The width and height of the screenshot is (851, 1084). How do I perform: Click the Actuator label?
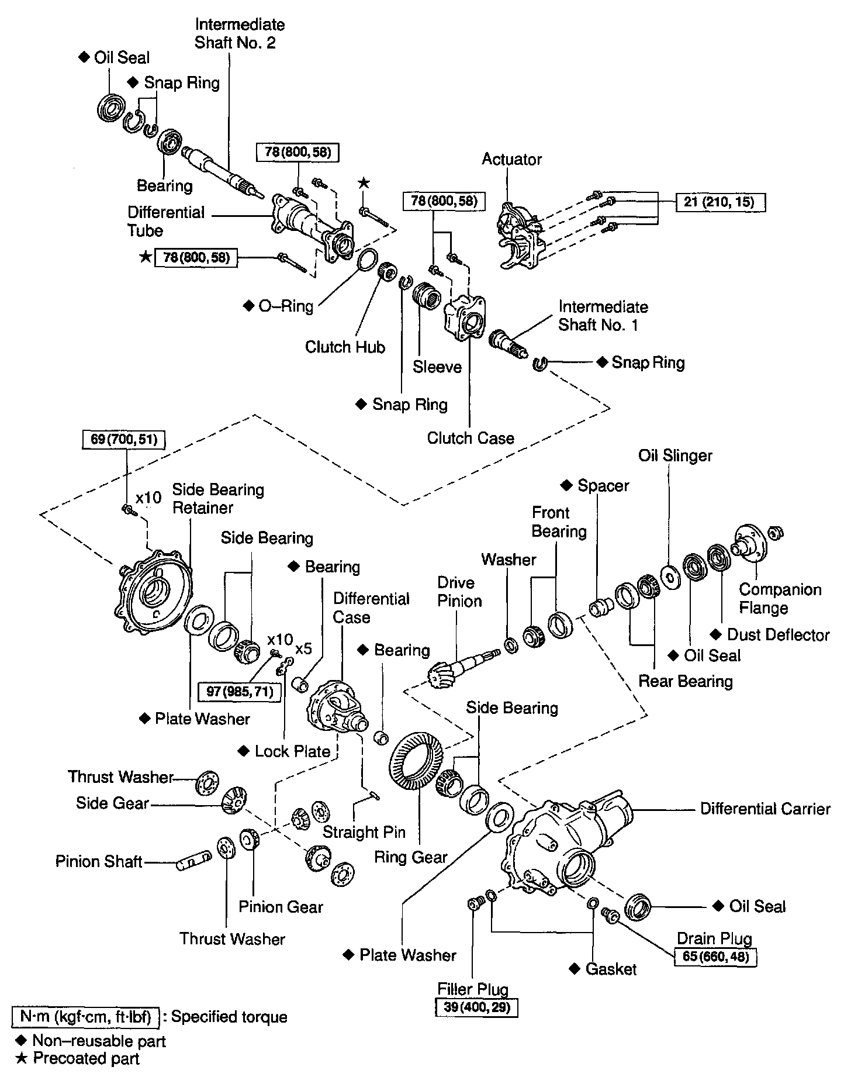511,159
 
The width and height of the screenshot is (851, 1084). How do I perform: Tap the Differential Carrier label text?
765,809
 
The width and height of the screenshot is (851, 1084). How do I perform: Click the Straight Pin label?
364,831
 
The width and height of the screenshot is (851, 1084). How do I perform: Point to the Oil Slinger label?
675,455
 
